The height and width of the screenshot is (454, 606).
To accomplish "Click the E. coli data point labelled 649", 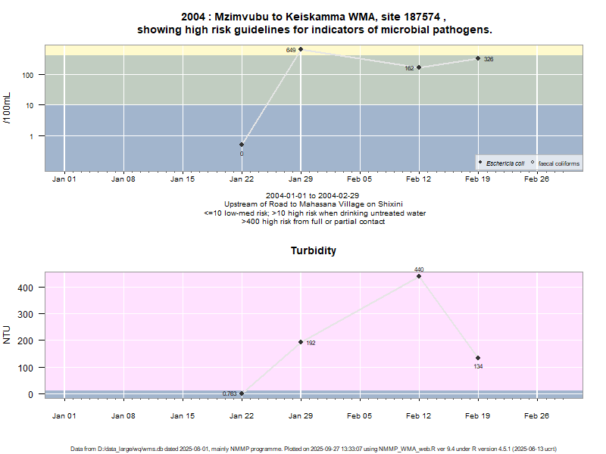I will tap(301, 49).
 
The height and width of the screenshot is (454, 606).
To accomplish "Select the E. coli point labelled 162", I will tap(419, 67).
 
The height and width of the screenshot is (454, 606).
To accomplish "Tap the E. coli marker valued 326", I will tap(478, 58).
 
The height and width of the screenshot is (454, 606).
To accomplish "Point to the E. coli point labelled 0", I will tap(242, 145).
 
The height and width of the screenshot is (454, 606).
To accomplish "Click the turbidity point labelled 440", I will tap(419, 276).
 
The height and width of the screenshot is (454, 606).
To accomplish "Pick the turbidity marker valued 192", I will tap(301, 342).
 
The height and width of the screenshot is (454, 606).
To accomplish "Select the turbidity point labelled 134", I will tap(478, 358).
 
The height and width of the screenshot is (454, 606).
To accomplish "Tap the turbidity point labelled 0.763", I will tap(242, 393).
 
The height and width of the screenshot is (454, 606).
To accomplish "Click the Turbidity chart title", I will tap(314, 250).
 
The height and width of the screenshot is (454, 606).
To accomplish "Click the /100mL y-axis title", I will tap(8, 107).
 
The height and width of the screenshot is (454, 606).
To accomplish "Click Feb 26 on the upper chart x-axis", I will tap(536, 180).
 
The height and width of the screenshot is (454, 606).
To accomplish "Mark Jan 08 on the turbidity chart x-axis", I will tap(123, 415).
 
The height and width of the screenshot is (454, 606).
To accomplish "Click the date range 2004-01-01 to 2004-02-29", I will tap(314, 195).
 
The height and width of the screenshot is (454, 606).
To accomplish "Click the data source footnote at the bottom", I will tap(314, 449).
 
